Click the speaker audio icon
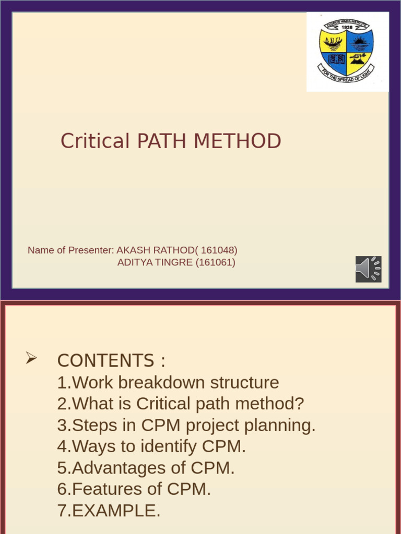pos(368,269)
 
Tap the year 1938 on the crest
pos(347,27)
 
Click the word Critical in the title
pos(95,141)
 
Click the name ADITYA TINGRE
pos(155,262)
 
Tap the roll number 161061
pos(215,262)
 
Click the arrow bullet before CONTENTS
pos(31,358)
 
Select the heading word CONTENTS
pos(105,361)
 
